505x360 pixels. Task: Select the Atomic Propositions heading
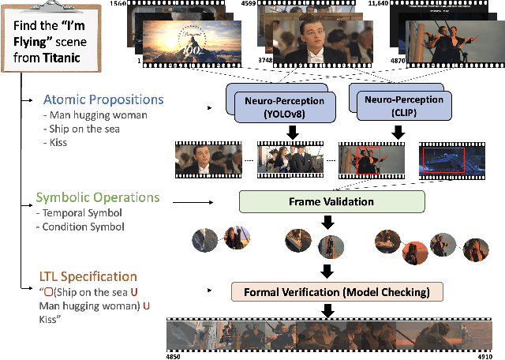pyautogui.click(x=104, y=99)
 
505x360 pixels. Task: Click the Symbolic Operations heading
pyautogui.click(x=97, y=197)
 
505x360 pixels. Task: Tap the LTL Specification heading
pyautogui.click(x=88, y=277)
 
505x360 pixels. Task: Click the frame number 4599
pyautogui.click(x=252, y=5)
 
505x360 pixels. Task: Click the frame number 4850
pyautogui.click(x=172, y=355)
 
